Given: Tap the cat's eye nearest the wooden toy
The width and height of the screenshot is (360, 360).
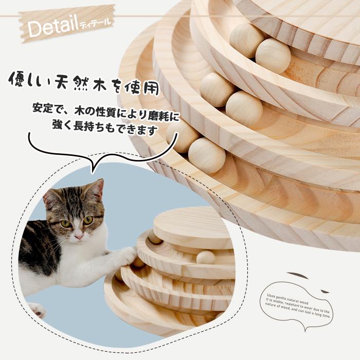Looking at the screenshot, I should [88, 220].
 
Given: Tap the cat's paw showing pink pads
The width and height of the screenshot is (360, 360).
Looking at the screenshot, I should [36, 310].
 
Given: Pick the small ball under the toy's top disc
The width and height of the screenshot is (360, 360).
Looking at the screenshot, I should [206, 257].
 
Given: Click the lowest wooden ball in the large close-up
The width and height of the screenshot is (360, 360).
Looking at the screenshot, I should [207, 155].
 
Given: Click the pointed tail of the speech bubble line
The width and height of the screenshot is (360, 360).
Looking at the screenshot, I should [91, 170].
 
